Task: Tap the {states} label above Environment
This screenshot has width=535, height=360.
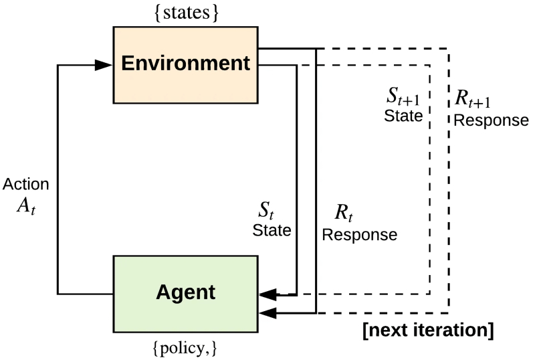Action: click(185, 12)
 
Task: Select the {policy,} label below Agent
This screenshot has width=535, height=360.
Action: click(185, 349)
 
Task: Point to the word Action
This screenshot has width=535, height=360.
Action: click(25, 184)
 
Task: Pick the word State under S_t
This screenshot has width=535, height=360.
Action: click(272, 231)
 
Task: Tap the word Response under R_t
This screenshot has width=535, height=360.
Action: click(359, 236)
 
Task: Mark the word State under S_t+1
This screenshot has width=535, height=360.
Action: click(403, 115)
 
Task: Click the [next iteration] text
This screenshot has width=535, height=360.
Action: click(428, 331)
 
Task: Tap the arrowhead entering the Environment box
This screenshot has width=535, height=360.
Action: click(104, 65)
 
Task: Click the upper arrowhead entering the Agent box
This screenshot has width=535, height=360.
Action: click(268, 294)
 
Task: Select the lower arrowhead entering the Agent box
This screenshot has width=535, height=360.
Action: click(268, 312)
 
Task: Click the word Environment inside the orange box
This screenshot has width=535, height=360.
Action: click(185, 64)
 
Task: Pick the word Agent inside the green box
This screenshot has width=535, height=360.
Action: click(185, 292)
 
